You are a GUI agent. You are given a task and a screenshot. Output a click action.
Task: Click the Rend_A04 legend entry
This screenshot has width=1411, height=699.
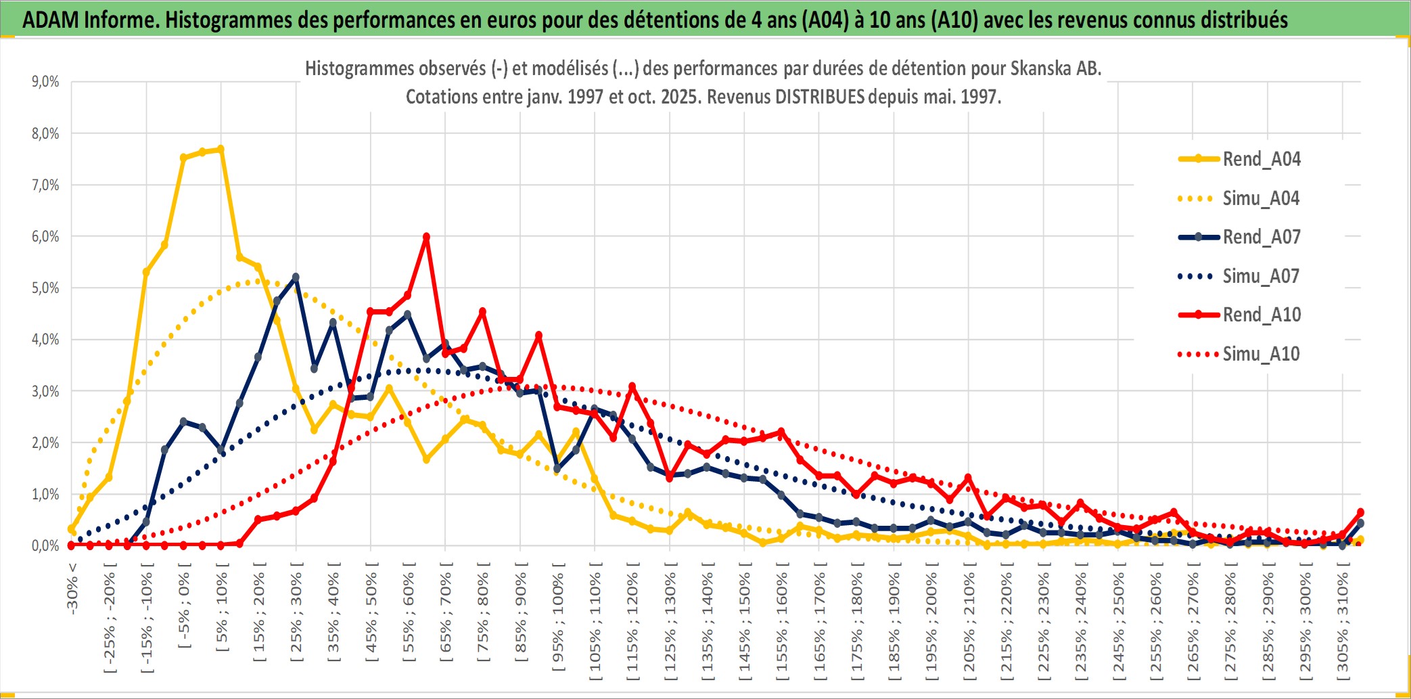(x=1261, y=159)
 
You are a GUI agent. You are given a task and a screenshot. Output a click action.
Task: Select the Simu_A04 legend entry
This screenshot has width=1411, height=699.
(x=1261, y=198)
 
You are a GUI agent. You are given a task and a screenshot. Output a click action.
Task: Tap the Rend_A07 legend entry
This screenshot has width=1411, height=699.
(x=1261, y=237)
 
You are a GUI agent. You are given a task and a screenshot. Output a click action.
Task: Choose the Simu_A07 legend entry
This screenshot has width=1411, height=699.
(x=1261, y=276)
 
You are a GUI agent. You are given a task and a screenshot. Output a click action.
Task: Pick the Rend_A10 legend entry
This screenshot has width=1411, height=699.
(x=1261, y=315)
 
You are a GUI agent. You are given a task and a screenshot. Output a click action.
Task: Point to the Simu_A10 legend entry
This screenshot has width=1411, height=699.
(x=1261, y=354)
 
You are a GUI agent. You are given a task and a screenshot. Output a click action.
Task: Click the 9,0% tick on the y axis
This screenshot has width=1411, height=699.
(x=45, y=82)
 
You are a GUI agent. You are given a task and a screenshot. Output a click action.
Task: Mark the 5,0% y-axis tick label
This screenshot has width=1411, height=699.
(x=45, y=288)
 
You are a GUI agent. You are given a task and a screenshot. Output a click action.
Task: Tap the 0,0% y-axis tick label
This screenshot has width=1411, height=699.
(x=45, y=546)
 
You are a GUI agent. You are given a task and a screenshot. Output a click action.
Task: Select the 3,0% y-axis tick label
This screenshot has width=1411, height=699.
(x=45, y=391)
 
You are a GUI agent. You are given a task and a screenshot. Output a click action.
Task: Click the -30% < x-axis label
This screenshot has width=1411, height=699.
(x=72, y=588)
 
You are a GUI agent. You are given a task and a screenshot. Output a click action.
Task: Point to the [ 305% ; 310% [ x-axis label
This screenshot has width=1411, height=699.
(x=1343, y=623)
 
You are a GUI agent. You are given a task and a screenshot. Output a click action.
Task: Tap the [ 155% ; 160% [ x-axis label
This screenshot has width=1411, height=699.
(x=782, y=623)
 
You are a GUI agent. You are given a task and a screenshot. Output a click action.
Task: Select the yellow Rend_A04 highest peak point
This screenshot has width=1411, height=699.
(x=221, y=149)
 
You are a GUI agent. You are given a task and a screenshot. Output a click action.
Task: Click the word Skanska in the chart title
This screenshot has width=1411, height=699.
(x=1038, y=68)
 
